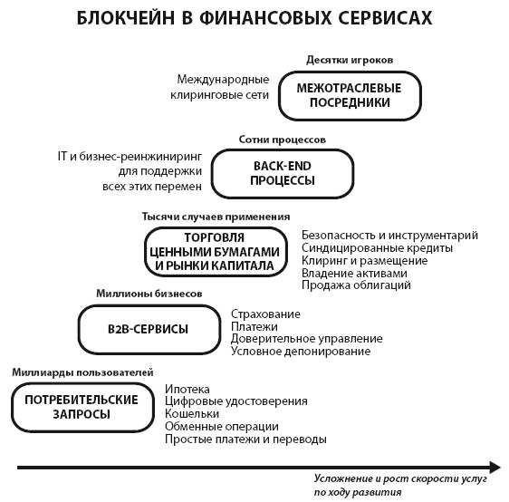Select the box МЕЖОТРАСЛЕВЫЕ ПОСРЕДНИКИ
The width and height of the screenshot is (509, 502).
tap(351, 95)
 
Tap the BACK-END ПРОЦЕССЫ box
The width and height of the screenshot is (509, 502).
tap(282, 173)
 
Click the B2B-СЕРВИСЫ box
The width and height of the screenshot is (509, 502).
tap(149, 329)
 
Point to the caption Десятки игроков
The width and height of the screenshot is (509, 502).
tap(350, 61)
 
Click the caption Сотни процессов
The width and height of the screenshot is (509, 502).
tap(282, 140)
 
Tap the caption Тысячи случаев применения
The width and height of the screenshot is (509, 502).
tap(216, 217)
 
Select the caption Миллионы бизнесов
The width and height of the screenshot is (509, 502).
tap(149, 294)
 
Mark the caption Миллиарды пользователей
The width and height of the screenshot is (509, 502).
tap(82, 372)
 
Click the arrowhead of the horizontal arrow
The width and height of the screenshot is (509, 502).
tap(494, 468)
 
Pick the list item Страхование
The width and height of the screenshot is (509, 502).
tap(265, 314)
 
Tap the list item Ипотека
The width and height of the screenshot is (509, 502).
tap(187, 389)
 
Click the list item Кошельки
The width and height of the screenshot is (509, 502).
tap(192, 414)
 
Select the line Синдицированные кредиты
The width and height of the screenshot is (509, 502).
tap(377, 247)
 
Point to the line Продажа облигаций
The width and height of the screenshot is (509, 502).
tap(356, 285)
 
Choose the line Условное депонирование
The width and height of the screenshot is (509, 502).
tap(301, 352)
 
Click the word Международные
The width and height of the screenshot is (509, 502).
tap(223, 79)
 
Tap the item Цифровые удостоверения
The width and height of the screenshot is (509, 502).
tap(236, 401)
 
